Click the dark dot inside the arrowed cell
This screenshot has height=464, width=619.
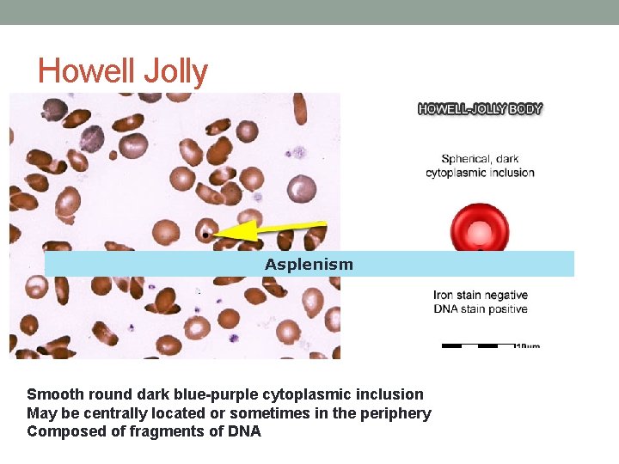[x=205, y=232]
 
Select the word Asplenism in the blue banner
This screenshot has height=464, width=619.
[x=309, y=265]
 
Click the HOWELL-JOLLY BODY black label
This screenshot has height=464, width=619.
[x=480, y=109]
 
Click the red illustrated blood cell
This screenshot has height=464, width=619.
[x=480, y=229]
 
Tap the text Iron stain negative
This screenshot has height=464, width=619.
[x=480, y=296]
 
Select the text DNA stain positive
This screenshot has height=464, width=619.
[x=480, y=309]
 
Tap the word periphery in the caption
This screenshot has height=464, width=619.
[x=395, y=413]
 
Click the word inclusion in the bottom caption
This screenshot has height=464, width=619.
[x=388, y=394]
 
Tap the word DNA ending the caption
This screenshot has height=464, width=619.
[x=243, y=431]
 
